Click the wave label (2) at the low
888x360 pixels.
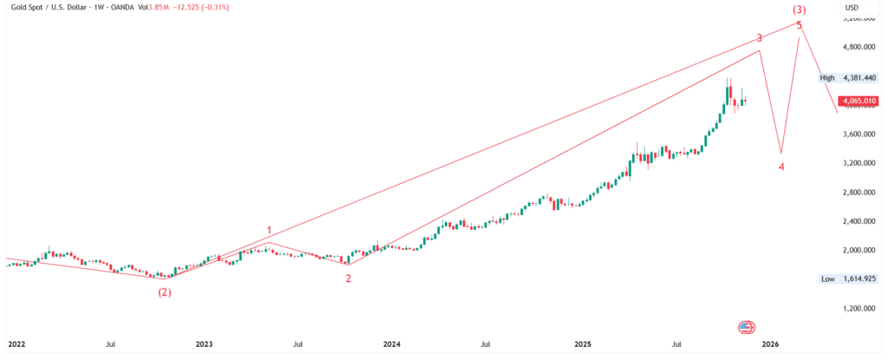click(x=164, y=292)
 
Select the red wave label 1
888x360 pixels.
click(x=270, y=231)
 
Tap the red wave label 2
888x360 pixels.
click(x=349, y=278)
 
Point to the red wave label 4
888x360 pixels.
click(x=781, y=167)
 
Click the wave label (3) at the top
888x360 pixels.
click(x=800, y=10)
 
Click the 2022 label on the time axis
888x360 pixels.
click(x=16, y=344)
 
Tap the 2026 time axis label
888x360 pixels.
click(x=770, y=344)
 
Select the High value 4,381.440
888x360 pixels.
click(x=858, y=78)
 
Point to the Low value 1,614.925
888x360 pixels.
click(x=858, y=279)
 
